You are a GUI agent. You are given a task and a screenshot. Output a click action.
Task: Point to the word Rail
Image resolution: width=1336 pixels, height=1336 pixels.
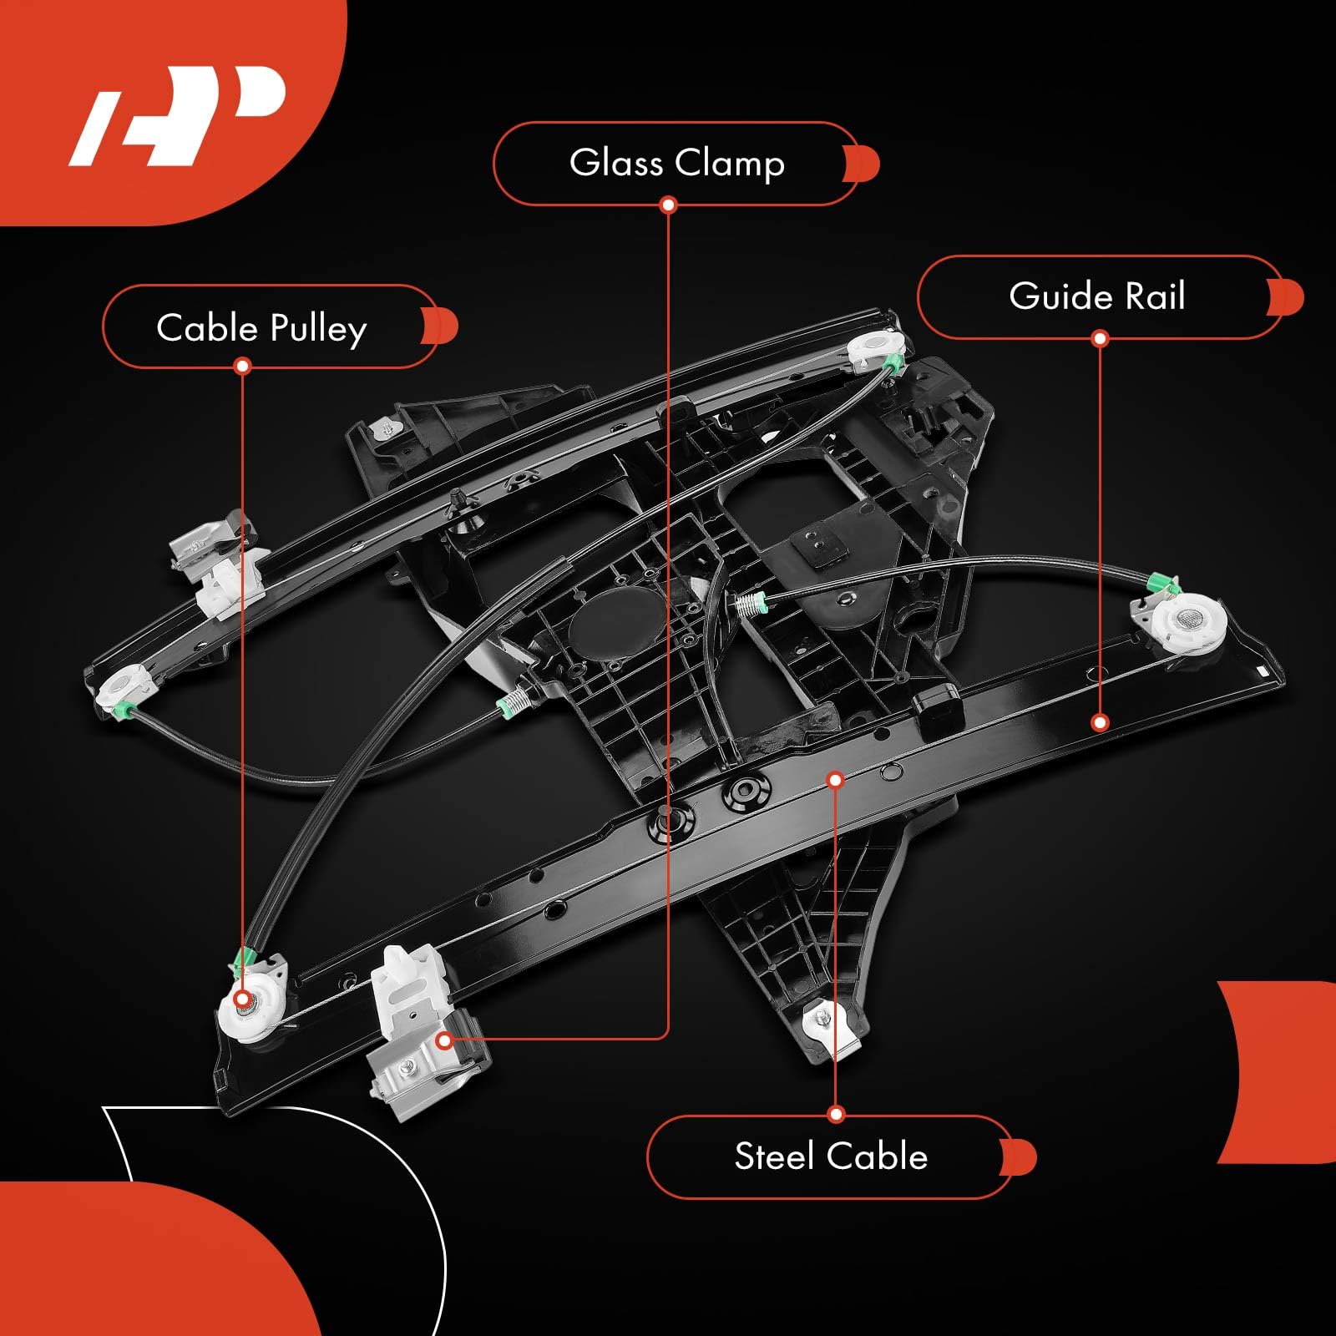click(1154, 296)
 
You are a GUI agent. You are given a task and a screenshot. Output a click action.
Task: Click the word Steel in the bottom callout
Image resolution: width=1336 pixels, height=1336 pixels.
click(773, 1156)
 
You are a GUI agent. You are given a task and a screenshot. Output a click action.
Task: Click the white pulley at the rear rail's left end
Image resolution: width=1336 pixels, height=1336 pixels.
click(123, 686)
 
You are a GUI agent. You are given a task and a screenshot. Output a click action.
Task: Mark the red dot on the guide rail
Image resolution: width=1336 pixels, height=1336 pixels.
click(1100, 722)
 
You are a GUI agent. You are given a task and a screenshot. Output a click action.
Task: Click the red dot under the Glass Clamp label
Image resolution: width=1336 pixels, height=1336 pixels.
click(668, 205)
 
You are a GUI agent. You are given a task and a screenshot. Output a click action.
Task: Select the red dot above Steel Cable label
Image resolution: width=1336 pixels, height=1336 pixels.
click(836, 1114)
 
